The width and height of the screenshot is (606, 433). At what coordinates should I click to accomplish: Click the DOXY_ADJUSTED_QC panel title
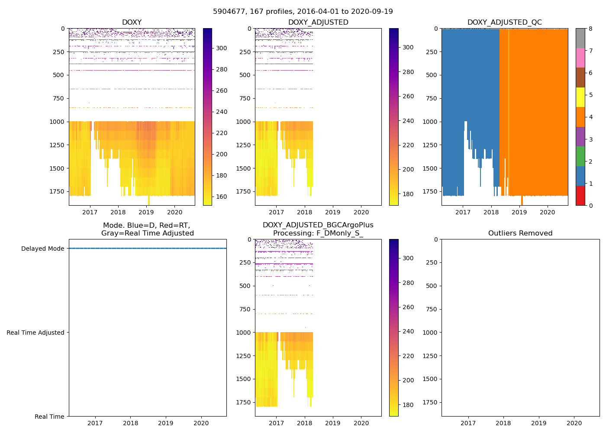click(504, 23)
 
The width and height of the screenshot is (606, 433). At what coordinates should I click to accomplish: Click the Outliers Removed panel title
click(520, 233)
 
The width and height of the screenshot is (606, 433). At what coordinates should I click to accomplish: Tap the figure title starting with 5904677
click(303, 12)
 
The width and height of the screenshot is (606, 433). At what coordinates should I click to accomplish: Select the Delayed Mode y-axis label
click(42, 249)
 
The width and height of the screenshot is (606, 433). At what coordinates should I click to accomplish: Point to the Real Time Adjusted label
click(35, 333)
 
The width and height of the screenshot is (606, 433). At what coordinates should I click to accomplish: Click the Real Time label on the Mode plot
click(49, 417)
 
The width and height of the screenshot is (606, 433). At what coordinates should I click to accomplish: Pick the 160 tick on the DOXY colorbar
click(222, 197)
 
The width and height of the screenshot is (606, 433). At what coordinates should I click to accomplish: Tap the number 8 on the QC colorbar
click(590, 29)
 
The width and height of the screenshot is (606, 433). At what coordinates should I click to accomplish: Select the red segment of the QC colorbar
click(580, 195)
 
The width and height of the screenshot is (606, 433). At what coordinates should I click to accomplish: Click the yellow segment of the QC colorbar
click(580, 97)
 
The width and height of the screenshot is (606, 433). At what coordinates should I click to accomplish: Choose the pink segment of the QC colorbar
click(580, 58)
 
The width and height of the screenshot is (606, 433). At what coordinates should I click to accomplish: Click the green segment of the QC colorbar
click(580, 156)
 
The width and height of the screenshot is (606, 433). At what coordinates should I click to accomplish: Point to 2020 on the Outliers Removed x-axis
click(574, 423)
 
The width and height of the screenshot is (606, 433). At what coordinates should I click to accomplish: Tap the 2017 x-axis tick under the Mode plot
click(95, 423)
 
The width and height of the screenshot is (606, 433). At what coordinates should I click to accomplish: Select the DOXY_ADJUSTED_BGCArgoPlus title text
click(318, 225)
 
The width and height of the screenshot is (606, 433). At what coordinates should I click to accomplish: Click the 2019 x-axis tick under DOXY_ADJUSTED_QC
click(519, 212)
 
